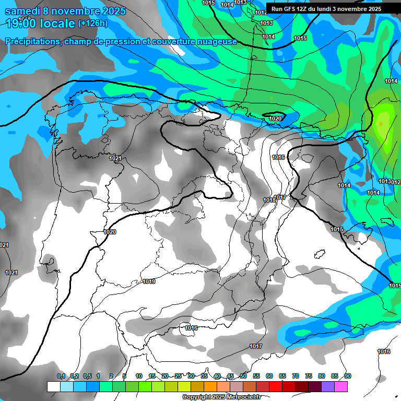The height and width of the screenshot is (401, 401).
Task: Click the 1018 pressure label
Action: [x=269, y=200]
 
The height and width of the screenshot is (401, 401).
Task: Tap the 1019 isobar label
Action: [x=149, y=282]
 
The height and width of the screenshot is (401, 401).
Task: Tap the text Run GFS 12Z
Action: [x=290, y=9]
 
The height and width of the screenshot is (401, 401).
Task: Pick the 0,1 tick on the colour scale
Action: [x=61, y=376]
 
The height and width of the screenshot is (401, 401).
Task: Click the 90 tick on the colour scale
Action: [x=348, y=376]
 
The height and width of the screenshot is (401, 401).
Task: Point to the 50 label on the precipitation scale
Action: [x=243, y=376]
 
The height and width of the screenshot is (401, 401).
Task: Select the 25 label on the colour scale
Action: [x=178, y=376]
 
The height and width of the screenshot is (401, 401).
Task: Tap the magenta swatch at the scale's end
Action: [x=341, y=386]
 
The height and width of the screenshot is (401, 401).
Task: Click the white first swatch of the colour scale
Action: [x=53, y=386]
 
